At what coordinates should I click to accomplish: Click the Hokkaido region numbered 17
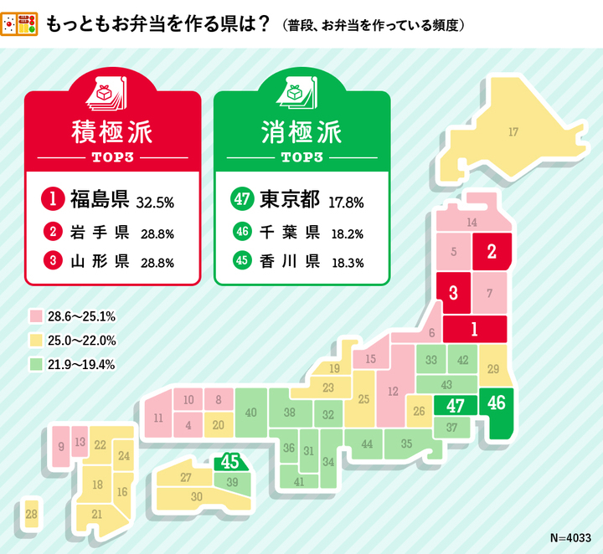click(513, 131)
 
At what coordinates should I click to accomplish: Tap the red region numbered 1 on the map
click(474, 329)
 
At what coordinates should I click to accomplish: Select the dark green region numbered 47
click(455, 406)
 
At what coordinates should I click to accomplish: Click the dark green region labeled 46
click(496, 403)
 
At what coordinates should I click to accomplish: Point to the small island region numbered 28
click(31, 514)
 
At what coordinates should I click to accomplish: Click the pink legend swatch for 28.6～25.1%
click(36, 316)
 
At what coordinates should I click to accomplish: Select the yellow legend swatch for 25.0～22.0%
click(36, 341)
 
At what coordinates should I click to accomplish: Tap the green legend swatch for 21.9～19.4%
click(36, 364)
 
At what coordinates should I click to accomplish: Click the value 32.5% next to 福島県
click(155, 202)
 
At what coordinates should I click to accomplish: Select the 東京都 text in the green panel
click(289, 199)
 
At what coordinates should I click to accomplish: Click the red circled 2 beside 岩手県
click(53, 233)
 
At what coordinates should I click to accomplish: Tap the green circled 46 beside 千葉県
click(241, 233)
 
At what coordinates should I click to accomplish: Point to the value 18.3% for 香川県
click(347, 262)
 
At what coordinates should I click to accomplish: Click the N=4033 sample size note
click(570, 537)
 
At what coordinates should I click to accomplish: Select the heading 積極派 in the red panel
click(112, 134)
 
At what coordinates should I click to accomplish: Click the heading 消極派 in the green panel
click(301, 134)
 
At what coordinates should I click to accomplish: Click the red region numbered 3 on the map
click(452, 292)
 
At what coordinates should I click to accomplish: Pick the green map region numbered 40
click(250, 413)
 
